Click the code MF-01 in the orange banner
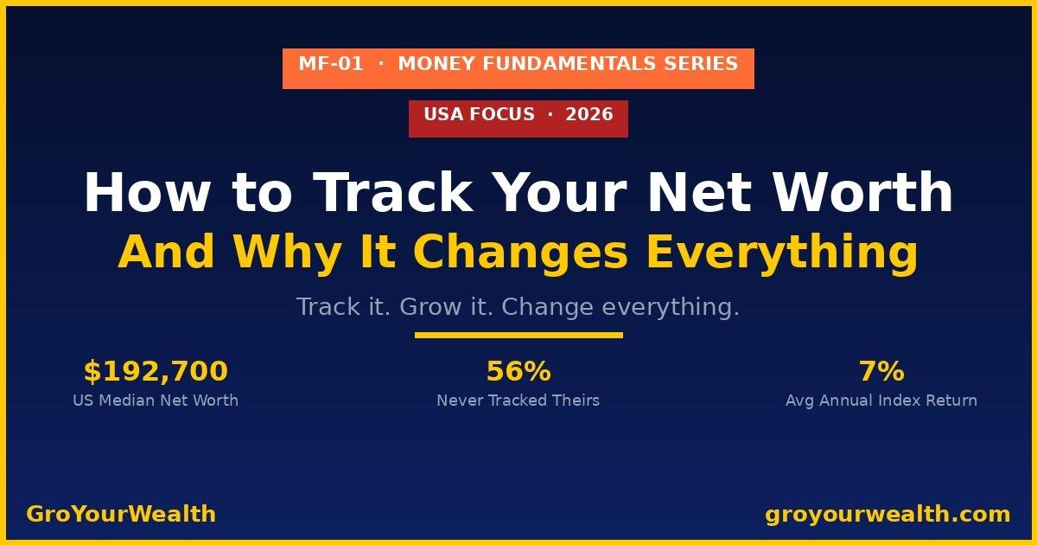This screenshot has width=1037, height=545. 331,64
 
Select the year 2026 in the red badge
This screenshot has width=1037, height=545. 589,114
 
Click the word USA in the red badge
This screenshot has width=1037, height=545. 443,114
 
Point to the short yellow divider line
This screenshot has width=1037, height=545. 518,335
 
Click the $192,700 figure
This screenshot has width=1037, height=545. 156,372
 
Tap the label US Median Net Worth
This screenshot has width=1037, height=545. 156,401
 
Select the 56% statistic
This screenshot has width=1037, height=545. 518,372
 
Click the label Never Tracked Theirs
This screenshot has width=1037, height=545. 518,401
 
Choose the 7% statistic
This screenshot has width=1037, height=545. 881,372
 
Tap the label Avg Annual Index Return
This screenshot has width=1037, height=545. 881,401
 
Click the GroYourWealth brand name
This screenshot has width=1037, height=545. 121,514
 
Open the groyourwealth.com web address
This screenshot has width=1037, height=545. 887,514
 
